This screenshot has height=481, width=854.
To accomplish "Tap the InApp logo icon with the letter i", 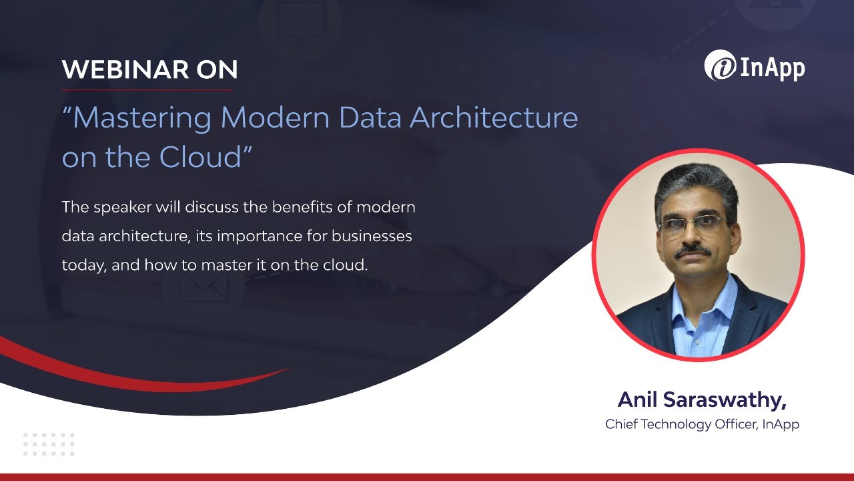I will (720, 67).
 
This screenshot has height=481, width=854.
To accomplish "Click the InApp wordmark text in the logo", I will (771, 68).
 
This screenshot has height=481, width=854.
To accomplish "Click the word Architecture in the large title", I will (494, 118).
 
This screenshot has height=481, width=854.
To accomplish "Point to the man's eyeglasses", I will (691, 223).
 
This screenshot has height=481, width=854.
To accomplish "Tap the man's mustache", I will (693, 251).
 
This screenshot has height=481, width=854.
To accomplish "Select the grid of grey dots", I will (49, 444).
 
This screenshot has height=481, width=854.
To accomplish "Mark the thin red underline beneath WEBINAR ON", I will (147, 90).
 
